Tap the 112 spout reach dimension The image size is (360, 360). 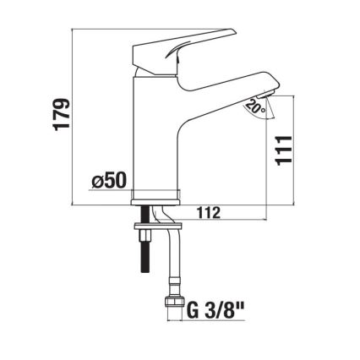click(208, 214)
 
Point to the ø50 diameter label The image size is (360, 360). click(109, 180)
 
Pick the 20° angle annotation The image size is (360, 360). click(254, 108)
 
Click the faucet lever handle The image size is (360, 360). click(194, 42)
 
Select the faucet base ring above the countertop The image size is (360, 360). click(157, 197)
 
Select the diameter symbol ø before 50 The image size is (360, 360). click(97, 180)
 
